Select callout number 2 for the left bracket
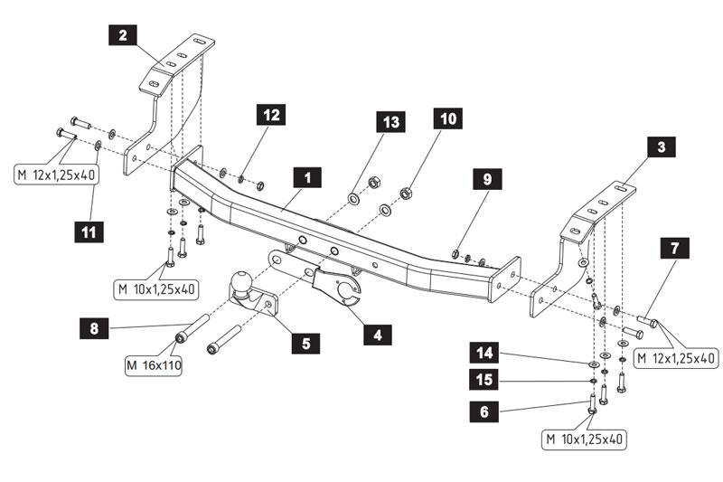122,36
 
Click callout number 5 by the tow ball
305,343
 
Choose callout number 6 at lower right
484,411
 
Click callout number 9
487,179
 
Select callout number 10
446,118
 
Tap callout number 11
90,232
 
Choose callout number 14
484,353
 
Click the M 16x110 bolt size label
153,365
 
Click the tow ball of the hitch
244,283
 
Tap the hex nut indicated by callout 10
406,193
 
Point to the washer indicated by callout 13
353,197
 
